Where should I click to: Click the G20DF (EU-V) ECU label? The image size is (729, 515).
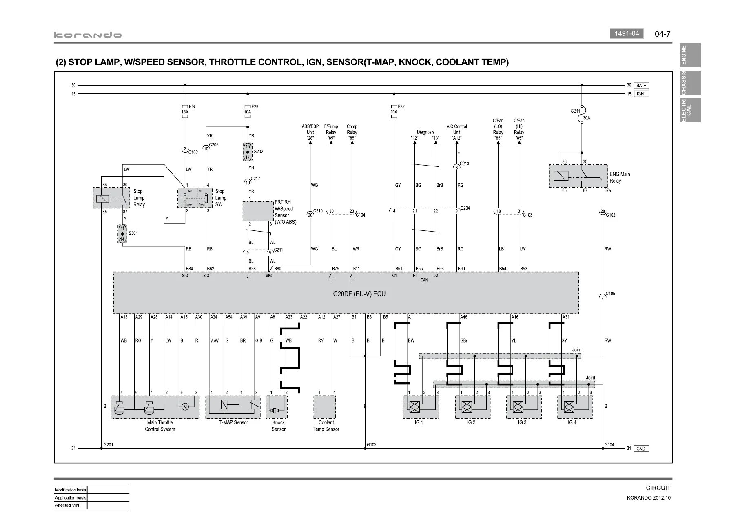(x=359, y=294)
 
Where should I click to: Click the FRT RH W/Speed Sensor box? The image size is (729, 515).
(x=258, y=211)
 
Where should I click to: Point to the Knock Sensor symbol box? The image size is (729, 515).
(x=276, y=407)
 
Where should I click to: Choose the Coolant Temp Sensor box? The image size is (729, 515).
(x=324, y=407)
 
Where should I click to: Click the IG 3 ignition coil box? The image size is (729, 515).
(x=524, y=407)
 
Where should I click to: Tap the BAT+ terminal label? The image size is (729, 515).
(x=641, y=85)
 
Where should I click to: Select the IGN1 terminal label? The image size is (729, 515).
(x=641, y=94)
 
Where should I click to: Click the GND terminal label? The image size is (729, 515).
(x=640, y=449)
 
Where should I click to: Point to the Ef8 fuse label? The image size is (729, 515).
(x=192, y=107)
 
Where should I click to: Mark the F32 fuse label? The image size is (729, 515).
(x=401, y=107)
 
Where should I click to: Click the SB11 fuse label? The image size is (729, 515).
(x=575, y=111)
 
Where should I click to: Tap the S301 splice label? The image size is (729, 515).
(x=133, y=234)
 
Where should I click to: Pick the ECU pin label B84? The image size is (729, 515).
(x=189, y=269)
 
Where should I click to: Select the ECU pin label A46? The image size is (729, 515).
(x=464, y=317)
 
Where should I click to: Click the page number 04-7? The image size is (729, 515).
(x=663, y=34)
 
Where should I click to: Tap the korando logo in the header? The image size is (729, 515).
(x=88, y=35)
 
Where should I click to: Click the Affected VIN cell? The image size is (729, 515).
(x=71, y=505)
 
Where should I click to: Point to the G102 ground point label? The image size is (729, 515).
(x=371, y=444)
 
